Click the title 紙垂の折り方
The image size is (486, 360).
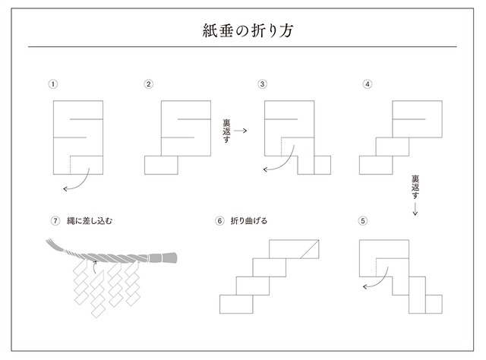tap(248, 30)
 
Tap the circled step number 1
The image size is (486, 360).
tap(53, 84)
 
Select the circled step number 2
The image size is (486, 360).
tap(149, 84)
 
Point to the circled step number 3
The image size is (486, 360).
tap(262, 84)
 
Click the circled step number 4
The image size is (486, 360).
tap(368, 84)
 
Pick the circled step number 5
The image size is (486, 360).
tap(363, 221)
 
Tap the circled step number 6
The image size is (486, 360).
tap(219, 221)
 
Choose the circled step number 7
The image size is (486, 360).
tap(55, 221)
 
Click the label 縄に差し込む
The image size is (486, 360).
tap(90, 221)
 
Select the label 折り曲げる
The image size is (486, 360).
tap(249, 221)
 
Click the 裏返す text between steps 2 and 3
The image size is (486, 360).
tap(226, 131)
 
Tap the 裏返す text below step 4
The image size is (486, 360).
tap(415, 187)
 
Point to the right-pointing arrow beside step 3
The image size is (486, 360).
tap(241, 131)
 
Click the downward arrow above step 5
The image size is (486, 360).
tap(415, 208)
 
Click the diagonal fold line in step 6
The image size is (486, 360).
tap(309, 249)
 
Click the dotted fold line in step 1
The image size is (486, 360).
tap(71, 165)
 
